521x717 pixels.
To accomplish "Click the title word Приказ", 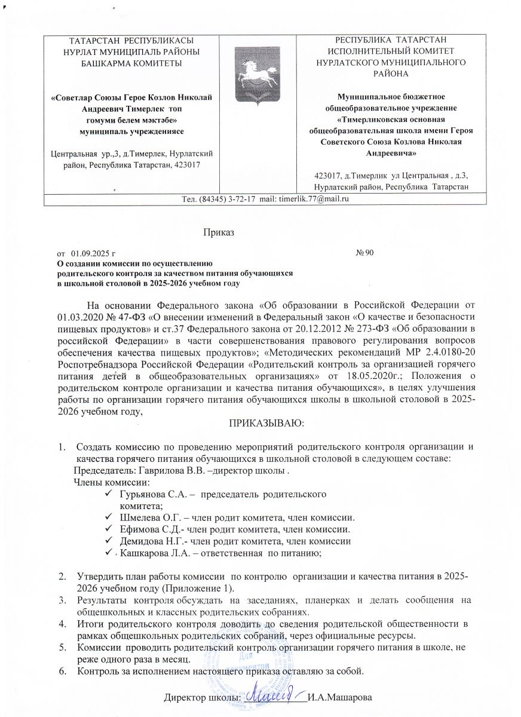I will click(219, 232).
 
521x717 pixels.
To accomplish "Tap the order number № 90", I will click(364, 254).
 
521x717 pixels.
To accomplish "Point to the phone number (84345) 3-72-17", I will click(221, 198).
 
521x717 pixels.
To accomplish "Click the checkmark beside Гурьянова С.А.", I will click(108, 495).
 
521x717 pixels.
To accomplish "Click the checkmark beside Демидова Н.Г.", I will click(108, 541).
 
